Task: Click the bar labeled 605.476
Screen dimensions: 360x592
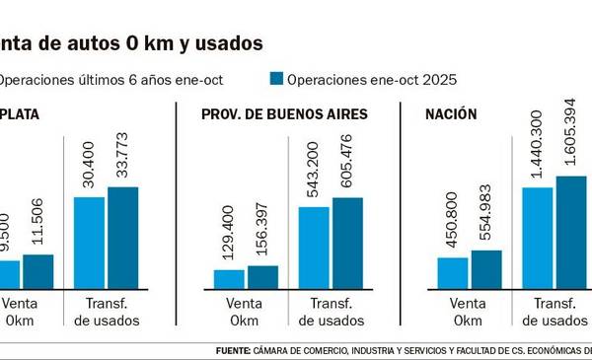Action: pos(348,242)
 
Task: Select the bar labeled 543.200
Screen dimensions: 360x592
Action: pos(314,247)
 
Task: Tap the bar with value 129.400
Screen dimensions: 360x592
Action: pos(229,277)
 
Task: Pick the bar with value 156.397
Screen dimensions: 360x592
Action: pos(263,275)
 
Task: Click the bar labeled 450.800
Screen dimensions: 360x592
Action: pos(453,271)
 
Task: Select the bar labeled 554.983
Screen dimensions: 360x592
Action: pos(487,267)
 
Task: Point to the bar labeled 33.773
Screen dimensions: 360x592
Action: pos(123,236)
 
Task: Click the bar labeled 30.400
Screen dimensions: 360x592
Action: pos(89,241)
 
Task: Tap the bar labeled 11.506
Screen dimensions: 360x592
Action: pos(38,269)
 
